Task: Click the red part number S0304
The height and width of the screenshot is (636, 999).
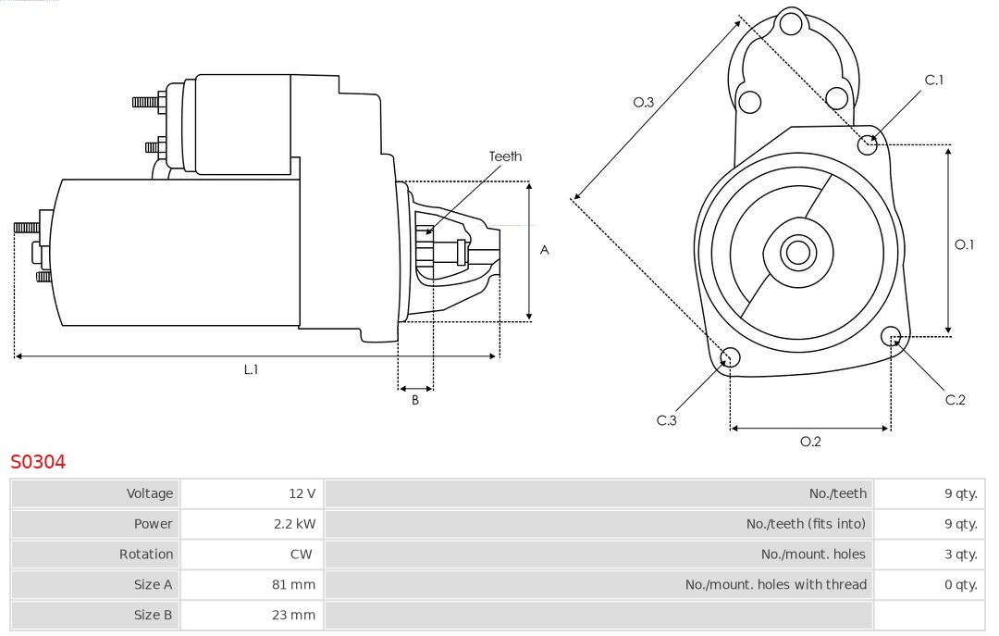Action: tap(38, 461)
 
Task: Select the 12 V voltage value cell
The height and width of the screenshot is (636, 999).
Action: tap(302, 493)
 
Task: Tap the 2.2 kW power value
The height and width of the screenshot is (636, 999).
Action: tap(294, 524)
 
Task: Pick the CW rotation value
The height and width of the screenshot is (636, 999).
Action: tap(302, 555)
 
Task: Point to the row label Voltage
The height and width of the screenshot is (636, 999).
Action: tap(149, 493)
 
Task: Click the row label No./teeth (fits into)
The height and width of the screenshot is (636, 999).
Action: tap(806, 524)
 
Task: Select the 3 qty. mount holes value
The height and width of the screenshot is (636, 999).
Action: tap(960, 555)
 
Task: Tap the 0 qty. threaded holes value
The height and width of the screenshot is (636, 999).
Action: tap(960, 584)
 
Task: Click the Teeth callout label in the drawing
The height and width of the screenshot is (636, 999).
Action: tap(505, 156)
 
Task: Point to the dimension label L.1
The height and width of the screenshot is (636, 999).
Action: tap(251, 369)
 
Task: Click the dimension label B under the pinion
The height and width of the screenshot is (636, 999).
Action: tap(415, 401)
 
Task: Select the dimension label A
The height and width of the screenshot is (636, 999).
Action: tap(545, 250)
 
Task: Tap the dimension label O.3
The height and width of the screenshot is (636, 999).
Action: tap(644, 103)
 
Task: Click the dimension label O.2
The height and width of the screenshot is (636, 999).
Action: tap(810, 442)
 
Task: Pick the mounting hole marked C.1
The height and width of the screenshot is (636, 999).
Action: tap(868, 143)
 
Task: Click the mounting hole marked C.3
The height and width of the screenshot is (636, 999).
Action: tap(730, 358)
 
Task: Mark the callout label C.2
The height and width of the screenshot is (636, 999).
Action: tap(956, 400)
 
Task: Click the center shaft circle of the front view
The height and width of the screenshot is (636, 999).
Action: tap(795, 252)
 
